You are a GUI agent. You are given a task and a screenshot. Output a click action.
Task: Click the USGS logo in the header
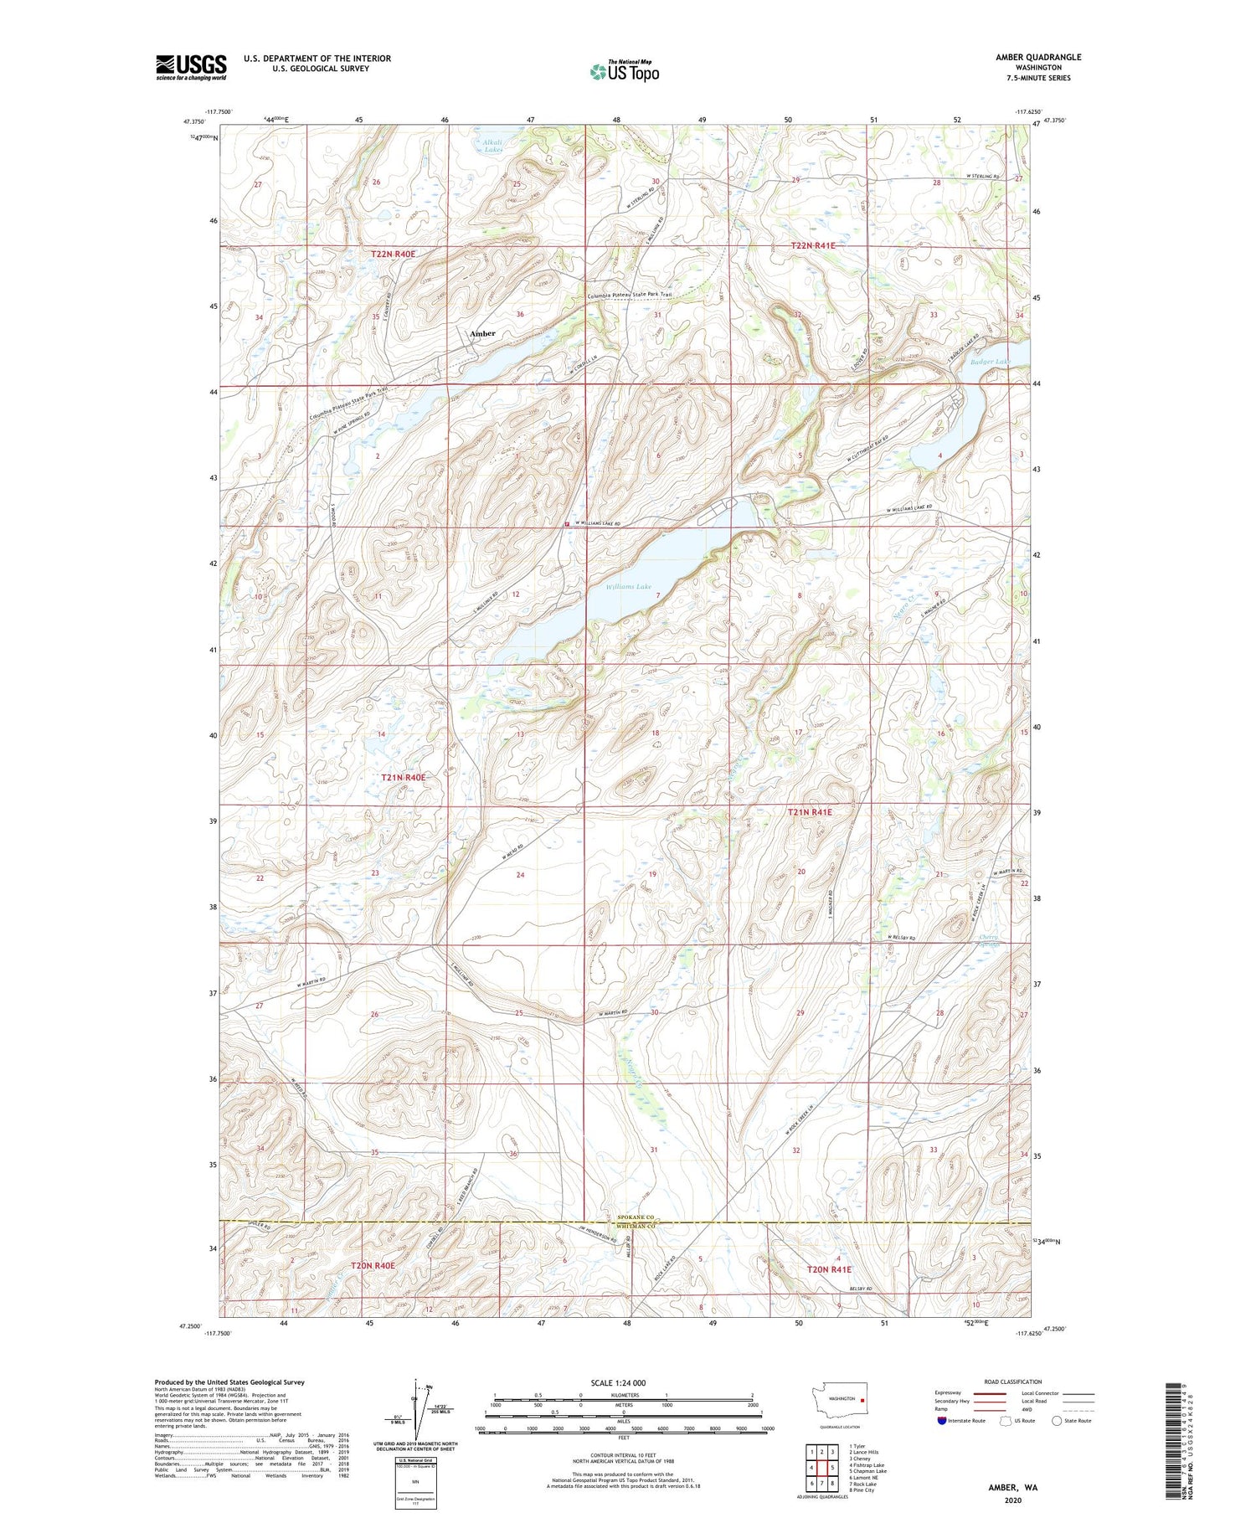[x=191, y=67]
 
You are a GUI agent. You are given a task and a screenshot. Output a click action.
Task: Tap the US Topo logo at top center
[x=625, y=71]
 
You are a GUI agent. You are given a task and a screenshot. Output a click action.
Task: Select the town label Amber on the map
[x=482, y=333]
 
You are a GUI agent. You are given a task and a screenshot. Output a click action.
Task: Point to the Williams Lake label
[x=629, y=587]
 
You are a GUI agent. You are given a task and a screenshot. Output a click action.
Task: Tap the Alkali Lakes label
[x=492, y=146]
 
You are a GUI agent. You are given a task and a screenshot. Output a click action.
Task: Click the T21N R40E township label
[x=404, y=777]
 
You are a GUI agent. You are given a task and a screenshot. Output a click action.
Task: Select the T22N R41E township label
[x=813, y=245]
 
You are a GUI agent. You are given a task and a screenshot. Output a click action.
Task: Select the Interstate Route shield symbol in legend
[x=942, y=1420]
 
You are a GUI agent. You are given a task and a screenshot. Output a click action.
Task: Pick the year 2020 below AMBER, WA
[x=1012, y=1500]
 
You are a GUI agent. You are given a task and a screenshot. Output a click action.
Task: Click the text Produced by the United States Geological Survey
[x=229, y=1382]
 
